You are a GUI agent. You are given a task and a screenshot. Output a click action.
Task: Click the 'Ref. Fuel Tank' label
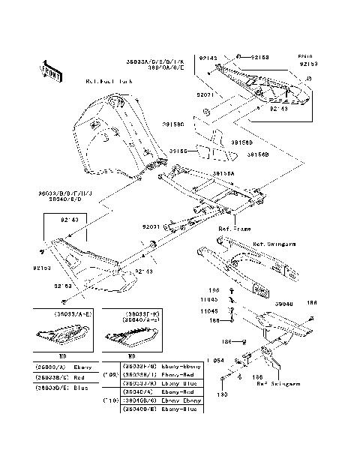(x=110, y=80)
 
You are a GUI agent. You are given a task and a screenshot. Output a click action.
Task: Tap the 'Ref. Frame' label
(x=234, y=228)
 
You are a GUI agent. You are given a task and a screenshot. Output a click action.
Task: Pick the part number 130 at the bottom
(x=222, y=393)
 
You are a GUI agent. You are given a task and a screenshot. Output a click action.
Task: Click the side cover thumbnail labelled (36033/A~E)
(x=55, y=333)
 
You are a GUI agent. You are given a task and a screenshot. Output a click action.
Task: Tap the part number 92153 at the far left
(x=43, y=265)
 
